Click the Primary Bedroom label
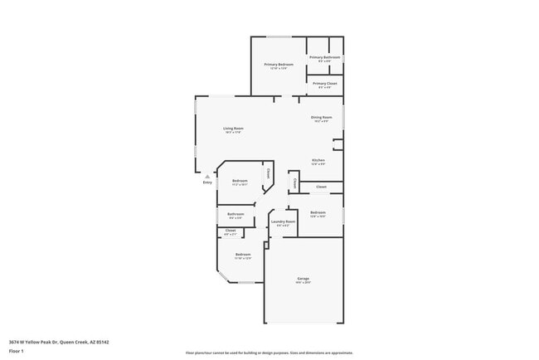pos(279,65)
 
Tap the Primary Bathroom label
pos(325,57)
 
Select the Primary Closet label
pos(325,83)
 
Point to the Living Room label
pos(233,129)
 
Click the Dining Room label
pos(322,118)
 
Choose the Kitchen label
pos(318,160)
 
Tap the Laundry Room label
pos(284,221)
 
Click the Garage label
pos(303,278)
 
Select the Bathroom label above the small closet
pos(236,214)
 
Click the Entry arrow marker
pos(206,176)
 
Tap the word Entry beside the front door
pos(207,182)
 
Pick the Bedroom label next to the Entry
pos(240,181)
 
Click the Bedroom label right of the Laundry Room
pos(318,213)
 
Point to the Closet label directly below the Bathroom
pos(231,231)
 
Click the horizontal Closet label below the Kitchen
pos(321,187)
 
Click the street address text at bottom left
pos(59,341)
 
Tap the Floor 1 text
pos(17,351)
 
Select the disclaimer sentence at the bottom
pos(269,353)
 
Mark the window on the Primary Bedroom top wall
pos(279,36)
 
